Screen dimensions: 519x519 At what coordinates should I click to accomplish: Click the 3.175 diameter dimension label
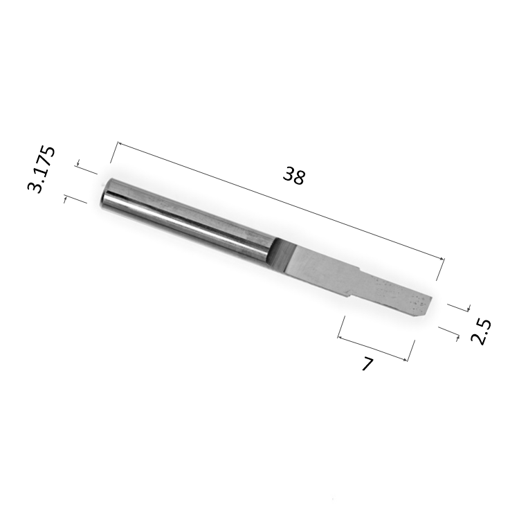41,169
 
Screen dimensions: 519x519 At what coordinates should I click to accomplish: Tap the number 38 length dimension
293,176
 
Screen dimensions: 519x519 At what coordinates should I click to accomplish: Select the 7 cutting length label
367,364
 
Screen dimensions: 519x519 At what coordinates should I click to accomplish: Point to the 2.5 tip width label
481,332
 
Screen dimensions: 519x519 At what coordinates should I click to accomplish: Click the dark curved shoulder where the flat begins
280,255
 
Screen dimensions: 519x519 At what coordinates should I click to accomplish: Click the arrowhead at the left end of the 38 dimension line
120,144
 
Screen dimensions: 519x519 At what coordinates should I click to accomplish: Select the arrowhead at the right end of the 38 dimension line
441,259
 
